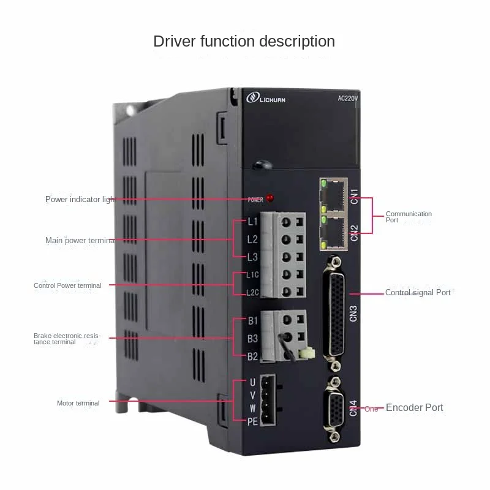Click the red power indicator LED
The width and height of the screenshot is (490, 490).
(271, 198)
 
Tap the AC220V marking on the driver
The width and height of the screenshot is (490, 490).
(351, 97)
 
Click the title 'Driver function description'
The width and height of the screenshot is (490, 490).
(244, 42)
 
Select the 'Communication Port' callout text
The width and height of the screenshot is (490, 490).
(409, 217)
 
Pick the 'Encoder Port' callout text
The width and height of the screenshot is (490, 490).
(414, 408)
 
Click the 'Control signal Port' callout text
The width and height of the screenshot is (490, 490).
(418, 293)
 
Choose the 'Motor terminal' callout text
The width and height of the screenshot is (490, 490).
(78, 403)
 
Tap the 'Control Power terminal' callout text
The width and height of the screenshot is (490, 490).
(67, 285)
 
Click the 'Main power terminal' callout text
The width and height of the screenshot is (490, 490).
(80, 241)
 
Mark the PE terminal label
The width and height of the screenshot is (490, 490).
(252, 421)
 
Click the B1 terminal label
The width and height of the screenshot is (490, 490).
(252, 320)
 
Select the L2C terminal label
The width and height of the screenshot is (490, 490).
(252, 292)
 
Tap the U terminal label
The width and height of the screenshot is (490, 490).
(252, 382)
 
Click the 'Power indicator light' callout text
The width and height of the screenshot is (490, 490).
(80, 200)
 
